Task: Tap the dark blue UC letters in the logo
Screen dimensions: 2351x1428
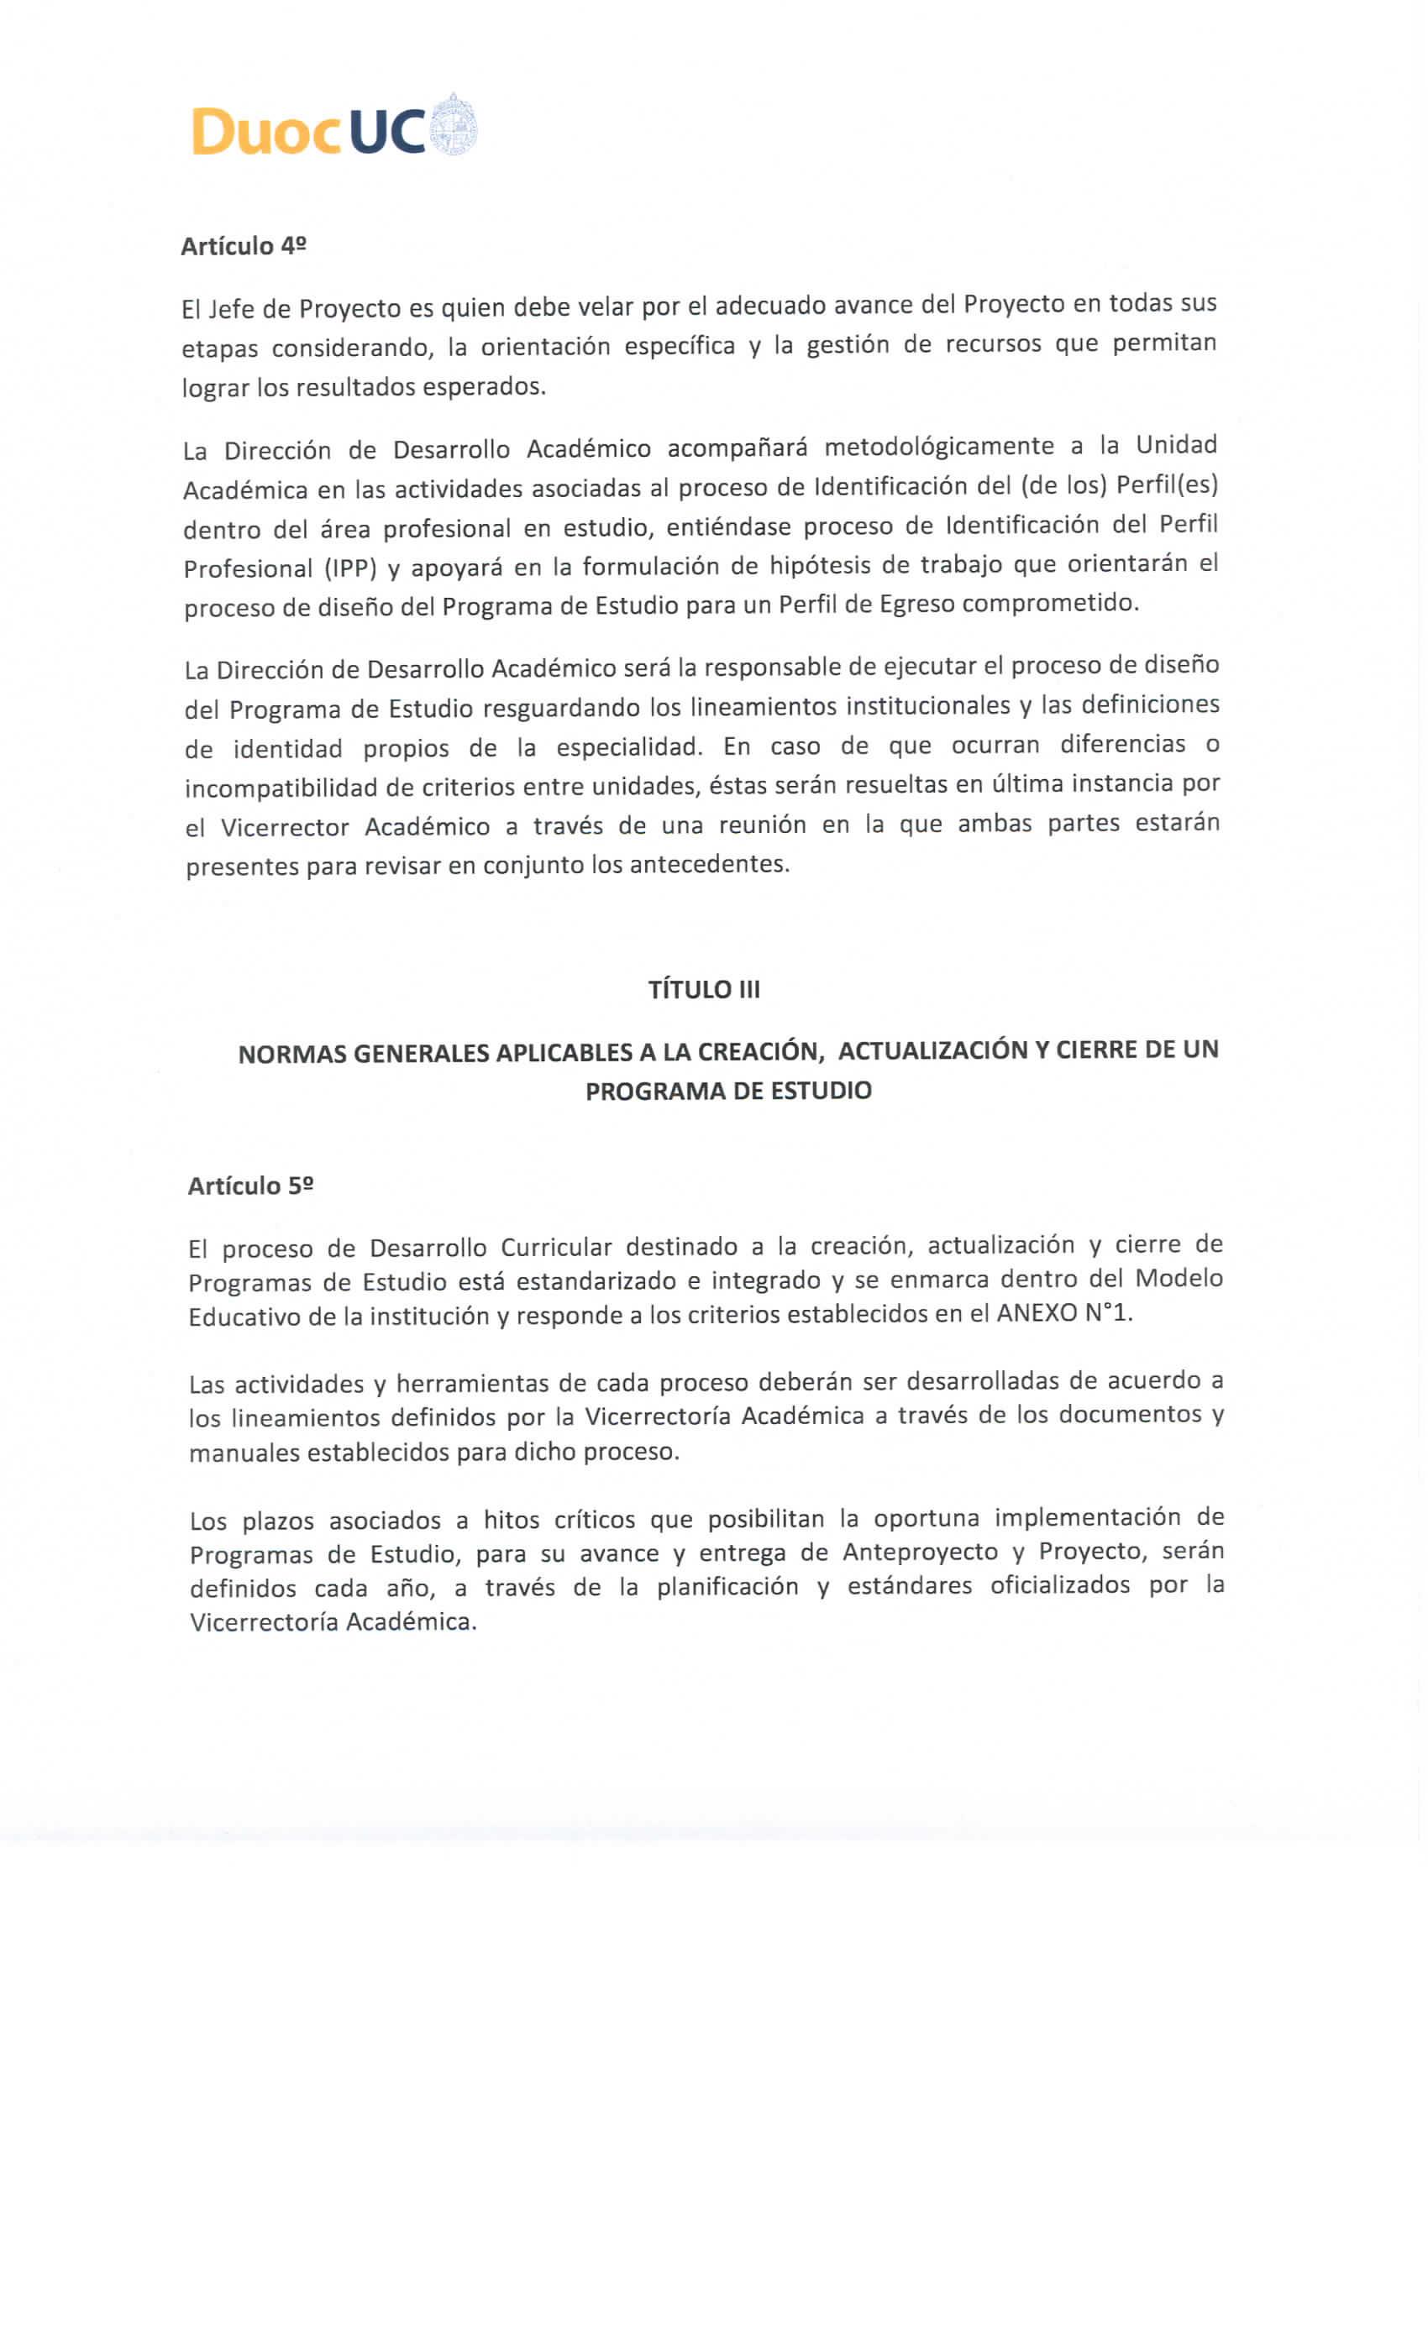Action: [386, 131]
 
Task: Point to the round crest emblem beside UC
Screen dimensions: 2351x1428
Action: [454, 125]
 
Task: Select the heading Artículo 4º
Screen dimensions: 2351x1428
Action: [244, 246]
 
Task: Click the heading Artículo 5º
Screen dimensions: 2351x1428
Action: [251, 1185]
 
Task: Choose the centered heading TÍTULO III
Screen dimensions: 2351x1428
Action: [705, 989]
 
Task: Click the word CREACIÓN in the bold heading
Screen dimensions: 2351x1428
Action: [760, 1051]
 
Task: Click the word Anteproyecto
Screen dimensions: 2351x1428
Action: [919, 1552]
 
